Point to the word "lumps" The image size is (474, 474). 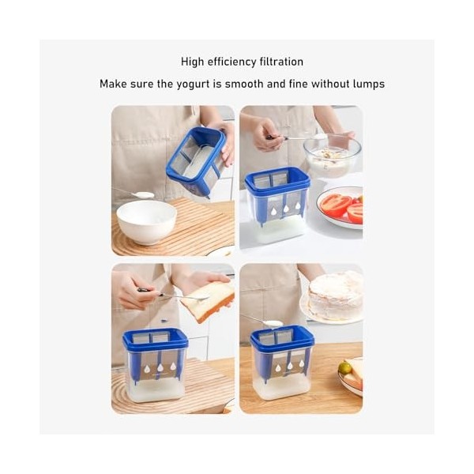(368, 85)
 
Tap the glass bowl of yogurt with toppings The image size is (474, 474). (333, 156)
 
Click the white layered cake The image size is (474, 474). (336, 295)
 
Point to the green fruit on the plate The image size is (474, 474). (345, 367)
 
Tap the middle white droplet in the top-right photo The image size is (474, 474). (286, 209)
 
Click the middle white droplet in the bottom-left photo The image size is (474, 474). (160, 367)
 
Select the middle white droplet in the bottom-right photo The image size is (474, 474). (290, 366)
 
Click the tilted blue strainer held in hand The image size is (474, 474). (197, 161)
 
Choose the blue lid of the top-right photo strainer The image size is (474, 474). (277, 180)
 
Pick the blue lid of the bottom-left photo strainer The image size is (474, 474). (155, 340)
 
